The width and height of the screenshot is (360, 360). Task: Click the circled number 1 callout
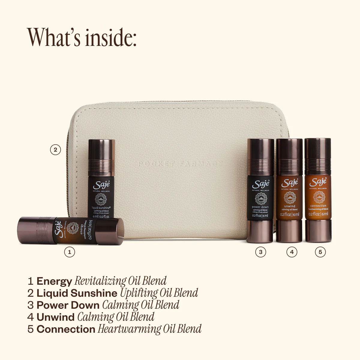70,252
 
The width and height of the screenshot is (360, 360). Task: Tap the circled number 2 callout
55,149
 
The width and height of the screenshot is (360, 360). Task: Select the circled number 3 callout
260,252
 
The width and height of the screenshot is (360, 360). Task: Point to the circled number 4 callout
292,252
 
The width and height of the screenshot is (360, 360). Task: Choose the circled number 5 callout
320,252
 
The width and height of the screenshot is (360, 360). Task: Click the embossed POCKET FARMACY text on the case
181,164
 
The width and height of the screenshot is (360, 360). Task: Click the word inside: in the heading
109,37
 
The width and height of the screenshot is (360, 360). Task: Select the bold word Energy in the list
54,281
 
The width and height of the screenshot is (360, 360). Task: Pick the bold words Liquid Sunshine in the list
77,293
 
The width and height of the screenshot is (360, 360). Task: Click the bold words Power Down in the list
68,305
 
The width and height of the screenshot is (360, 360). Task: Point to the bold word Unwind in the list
55,317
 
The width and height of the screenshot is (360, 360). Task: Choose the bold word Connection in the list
66,329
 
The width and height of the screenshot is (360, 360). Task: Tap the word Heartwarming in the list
129,329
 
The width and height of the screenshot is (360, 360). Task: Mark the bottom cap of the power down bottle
260,232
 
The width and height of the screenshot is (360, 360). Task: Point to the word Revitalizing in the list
100,281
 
